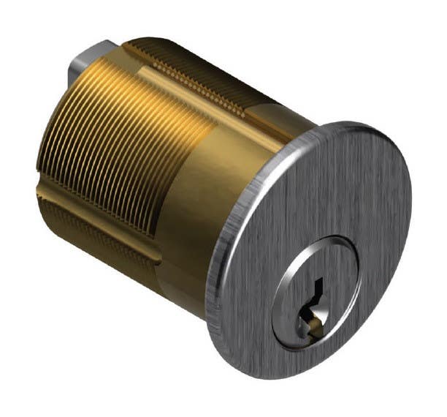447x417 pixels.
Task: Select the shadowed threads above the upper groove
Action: click(x=168, y=51)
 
